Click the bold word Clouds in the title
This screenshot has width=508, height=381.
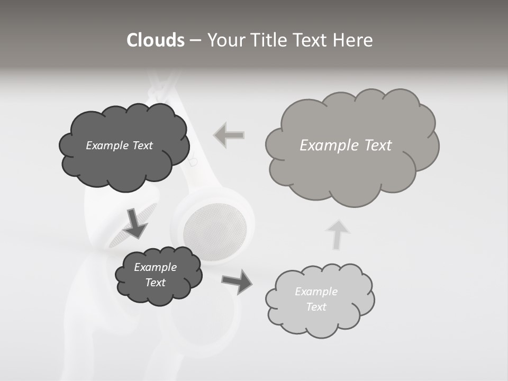156,40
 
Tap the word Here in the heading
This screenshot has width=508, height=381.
354,40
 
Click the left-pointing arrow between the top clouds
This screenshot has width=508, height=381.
229,135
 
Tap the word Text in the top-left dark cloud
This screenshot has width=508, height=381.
142,146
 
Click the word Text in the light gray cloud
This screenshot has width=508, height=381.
316,307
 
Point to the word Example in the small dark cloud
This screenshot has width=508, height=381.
155,267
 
